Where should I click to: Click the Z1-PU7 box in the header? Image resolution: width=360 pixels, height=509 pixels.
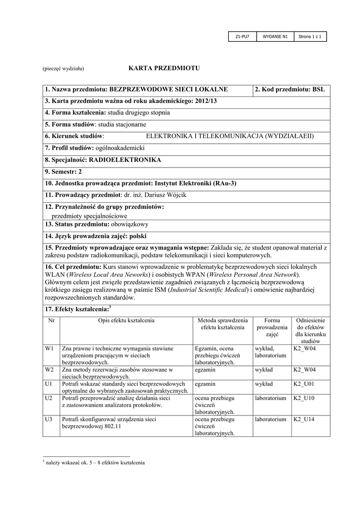point(242,36)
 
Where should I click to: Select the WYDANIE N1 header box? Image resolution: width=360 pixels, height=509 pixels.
point(275,36)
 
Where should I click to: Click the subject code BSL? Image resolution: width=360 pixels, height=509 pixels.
point(318,89)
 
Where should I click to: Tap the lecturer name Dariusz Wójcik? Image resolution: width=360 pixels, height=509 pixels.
point(166,195)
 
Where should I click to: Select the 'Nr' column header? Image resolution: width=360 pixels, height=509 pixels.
point(51,321)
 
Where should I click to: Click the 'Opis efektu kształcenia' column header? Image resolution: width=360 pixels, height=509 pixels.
point(126,321)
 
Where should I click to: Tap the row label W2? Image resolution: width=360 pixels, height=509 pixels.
point(49,370)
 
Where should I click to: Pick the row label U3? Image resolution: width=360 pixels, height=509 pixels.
point(49,420)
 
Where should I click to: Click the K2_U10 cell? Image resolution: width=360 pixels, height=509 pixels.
point(304,398)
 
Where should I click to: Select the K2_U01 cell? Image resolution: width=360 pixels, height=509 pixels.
point(304,384)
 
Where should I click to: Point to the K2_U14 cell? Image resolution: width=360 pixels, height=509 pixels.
point(304,420)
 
